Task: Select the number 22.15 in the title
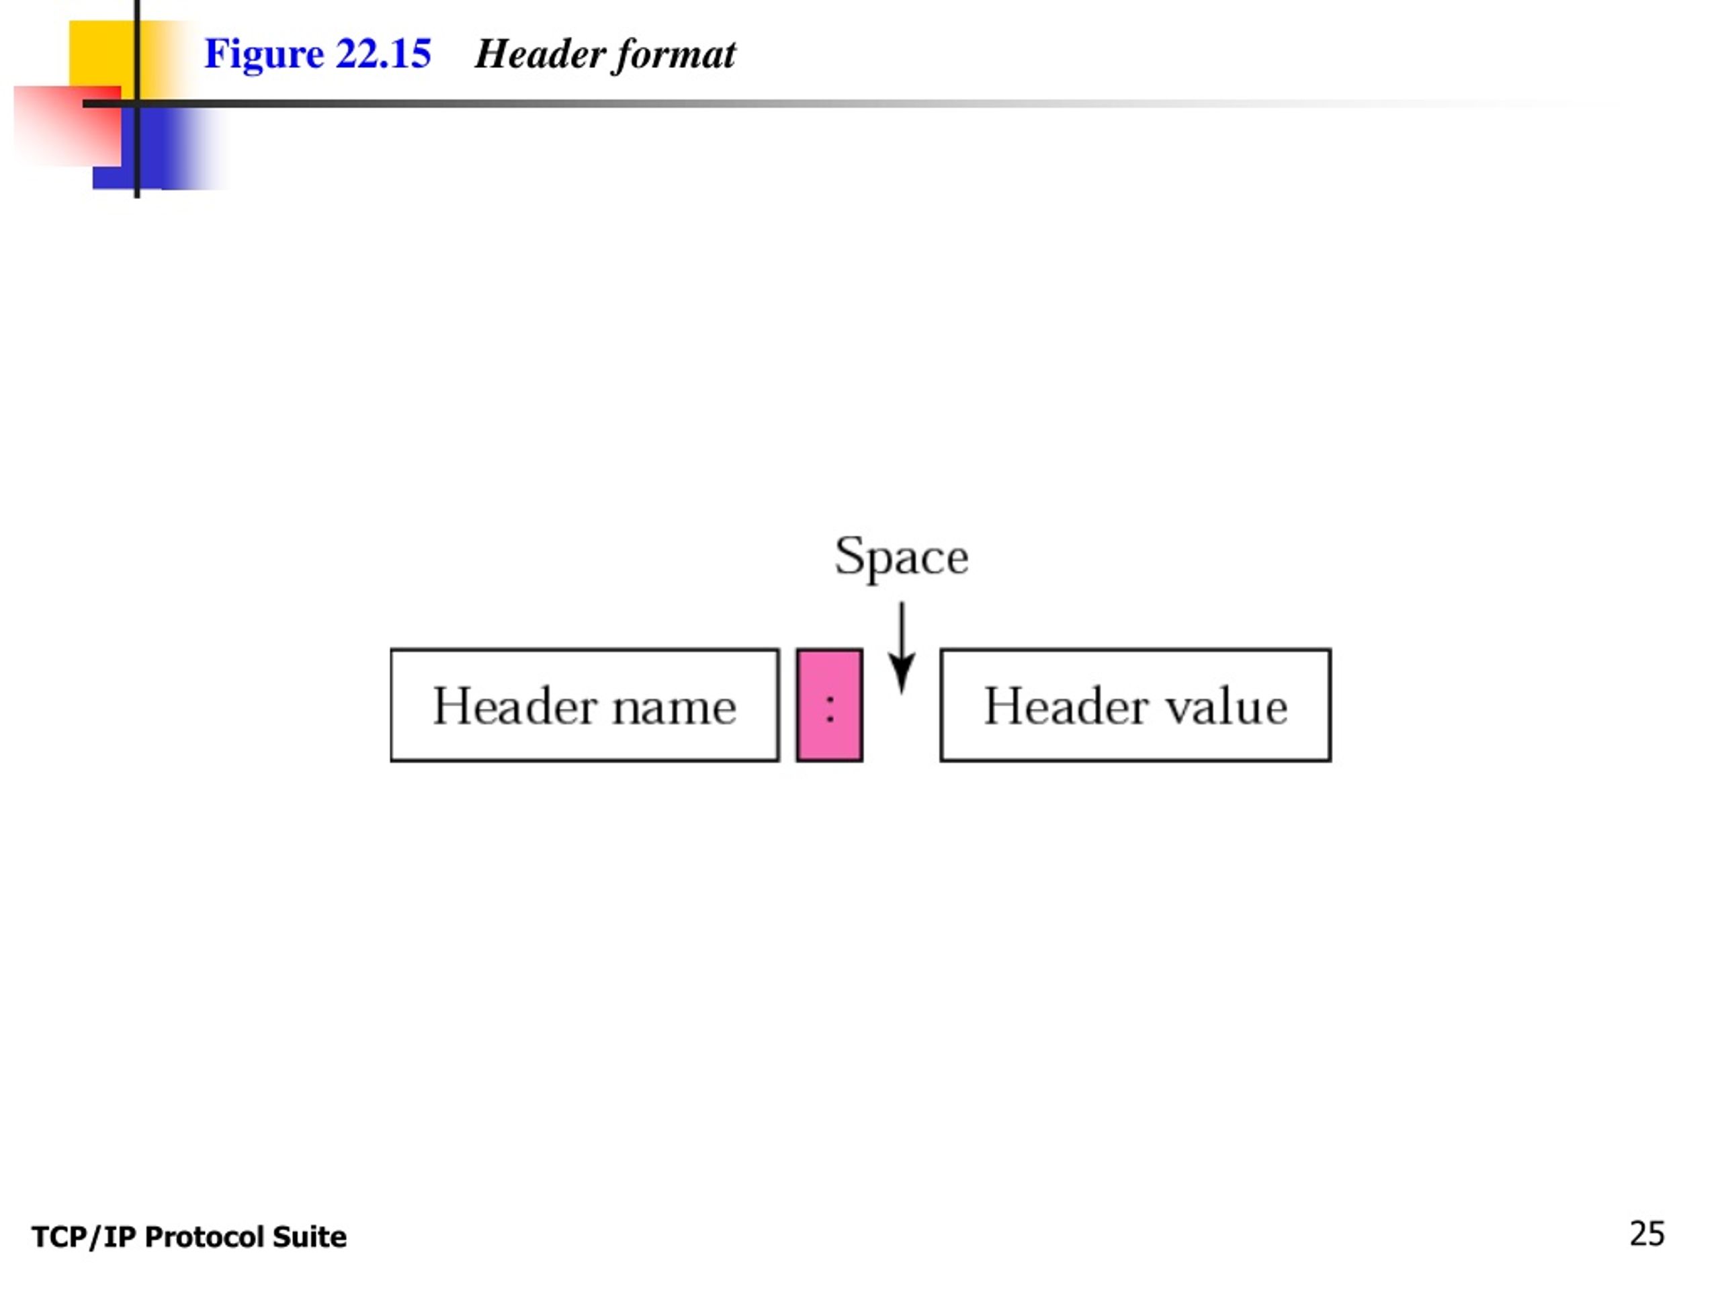coord(384,54)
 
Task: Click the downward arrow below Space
coord(901,648)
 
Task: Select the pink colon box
coord(829,705)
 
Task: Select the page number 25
coord(1647,1234)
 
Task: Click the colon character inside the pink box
coord(830,707)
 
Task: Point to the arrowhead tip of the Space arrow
coord(901,693)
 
